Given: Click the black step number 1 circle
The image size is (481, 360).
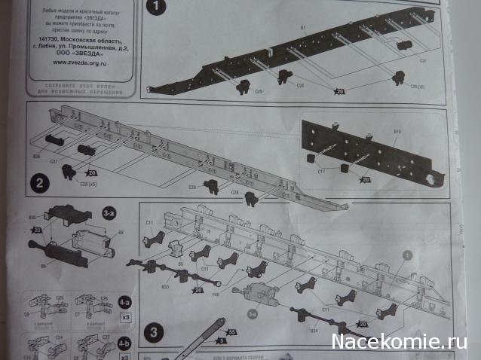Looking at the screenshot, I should pos(156,8).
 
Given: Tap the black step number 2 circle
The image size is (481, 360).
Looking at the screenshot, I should pos(40,182).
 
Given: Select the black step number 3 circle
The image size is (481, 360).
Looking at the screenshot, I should pos(155,330).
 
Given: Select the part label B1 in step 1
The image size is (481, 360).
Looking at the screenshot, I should pos(302,28).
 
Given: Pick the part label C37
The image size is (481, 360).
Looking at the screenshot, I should pos(54,161).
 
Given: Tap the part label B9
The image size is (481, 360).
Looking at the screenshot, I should pos(44,265).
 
